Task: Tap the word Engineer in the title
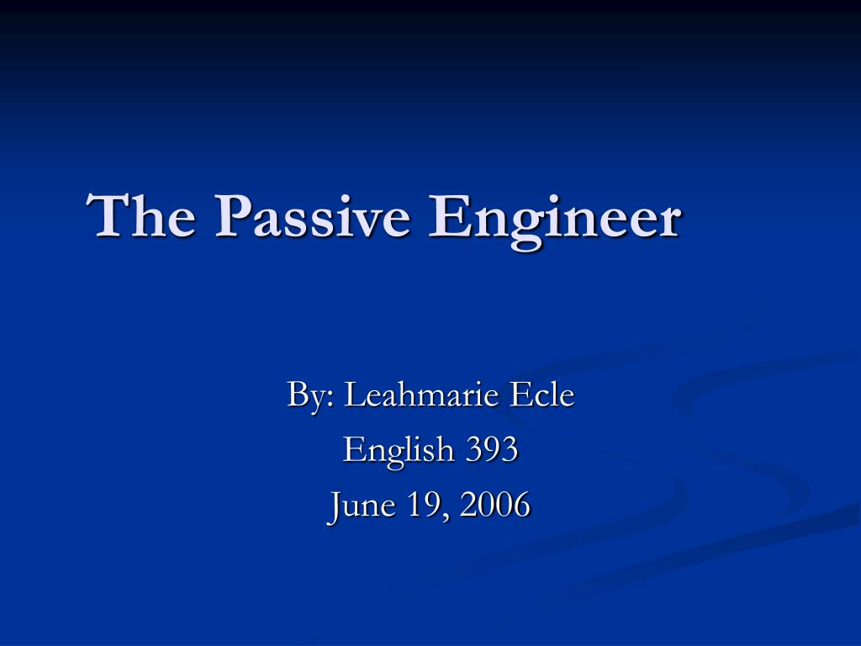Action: coord(554,217)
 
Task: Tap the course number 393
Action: coord(492,449)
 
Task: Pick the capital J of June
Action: coord(335,505)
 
